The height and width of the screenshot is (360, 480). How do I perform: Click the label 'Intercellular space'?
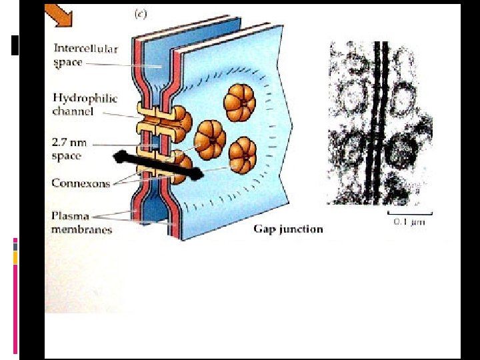tap(85, 55)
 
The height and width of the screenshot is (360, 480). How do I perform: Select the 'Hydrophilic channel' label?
tap(85, 105)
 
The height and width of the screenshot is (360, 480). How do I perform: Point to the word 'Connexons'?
tap(81, 183)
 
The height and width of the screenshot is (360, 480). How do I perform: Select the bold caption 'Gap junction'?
tap(288, 229)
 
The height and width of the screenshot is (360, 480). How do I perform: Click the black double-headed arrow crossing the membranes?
tap(157, 166)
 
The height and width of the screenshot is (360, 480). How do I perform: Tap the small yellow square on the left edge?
tap(15, 257)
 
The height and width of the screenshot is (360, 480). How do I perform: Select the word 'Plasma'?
tap(69, 217)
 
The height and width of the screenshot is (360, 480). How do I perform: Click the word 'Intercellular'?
tap(85, 49)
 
